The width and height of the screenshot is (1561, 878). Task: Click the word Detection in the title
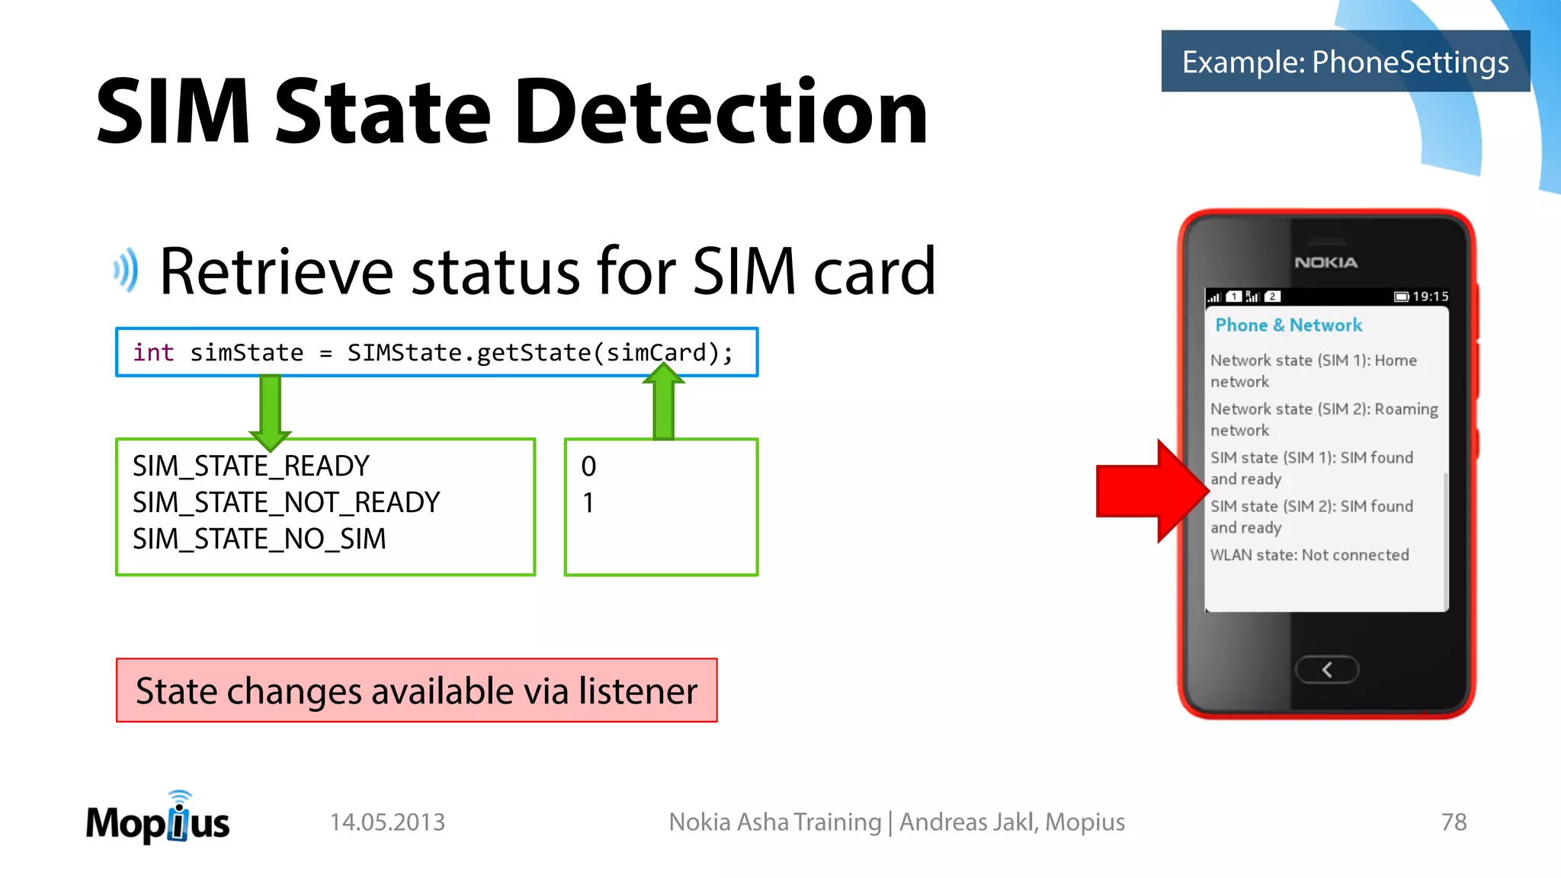click(720, 113)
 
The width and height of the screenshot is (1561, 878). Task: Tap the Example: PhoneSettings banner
click(1345, 62)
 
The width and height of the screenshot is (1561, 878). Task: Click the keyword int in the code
click(153, 352)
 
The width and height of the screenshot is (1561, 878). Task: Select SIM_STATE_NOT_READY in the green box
click(287, 502)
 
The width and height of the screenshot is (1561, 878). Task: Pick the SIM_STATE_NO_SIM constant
click(259, 539)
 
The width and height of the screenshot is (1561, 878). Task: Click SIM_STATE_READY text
click(251, 466)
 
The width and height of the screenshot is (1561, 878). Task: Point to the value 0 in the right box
click(588, 466)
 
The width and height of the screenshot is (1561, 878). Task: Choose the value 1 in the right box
click(588, 503)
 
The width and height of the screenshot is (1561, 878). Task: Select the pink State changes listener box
click(416, 691)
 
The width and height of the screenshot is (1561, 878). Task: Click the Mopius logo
click(158, 820)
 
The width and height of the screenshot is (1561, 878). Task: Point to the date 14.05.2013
click(387, 822)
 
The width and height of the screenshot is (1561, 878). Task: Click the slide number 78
click(1454, 822)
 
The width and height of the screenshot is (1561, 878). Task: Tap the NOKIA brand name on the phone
click(1325, 262)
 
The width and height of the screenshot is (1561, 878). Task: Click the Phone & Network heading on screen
click(1288, 325)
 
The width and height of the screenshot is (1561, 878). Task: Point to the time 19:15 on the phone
click(1430, 296)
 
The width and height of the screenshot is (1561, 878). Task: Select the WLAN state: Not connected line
click(1309, 555)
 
